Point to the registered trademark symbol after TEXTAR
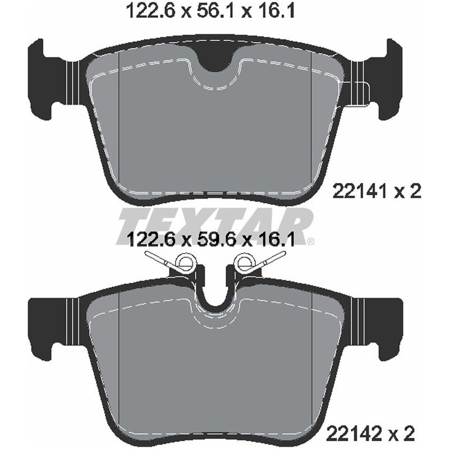pyautogui.click(x=310, y=242)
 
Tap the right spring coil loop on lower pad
pyautogui.click(x=246, y=262)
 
